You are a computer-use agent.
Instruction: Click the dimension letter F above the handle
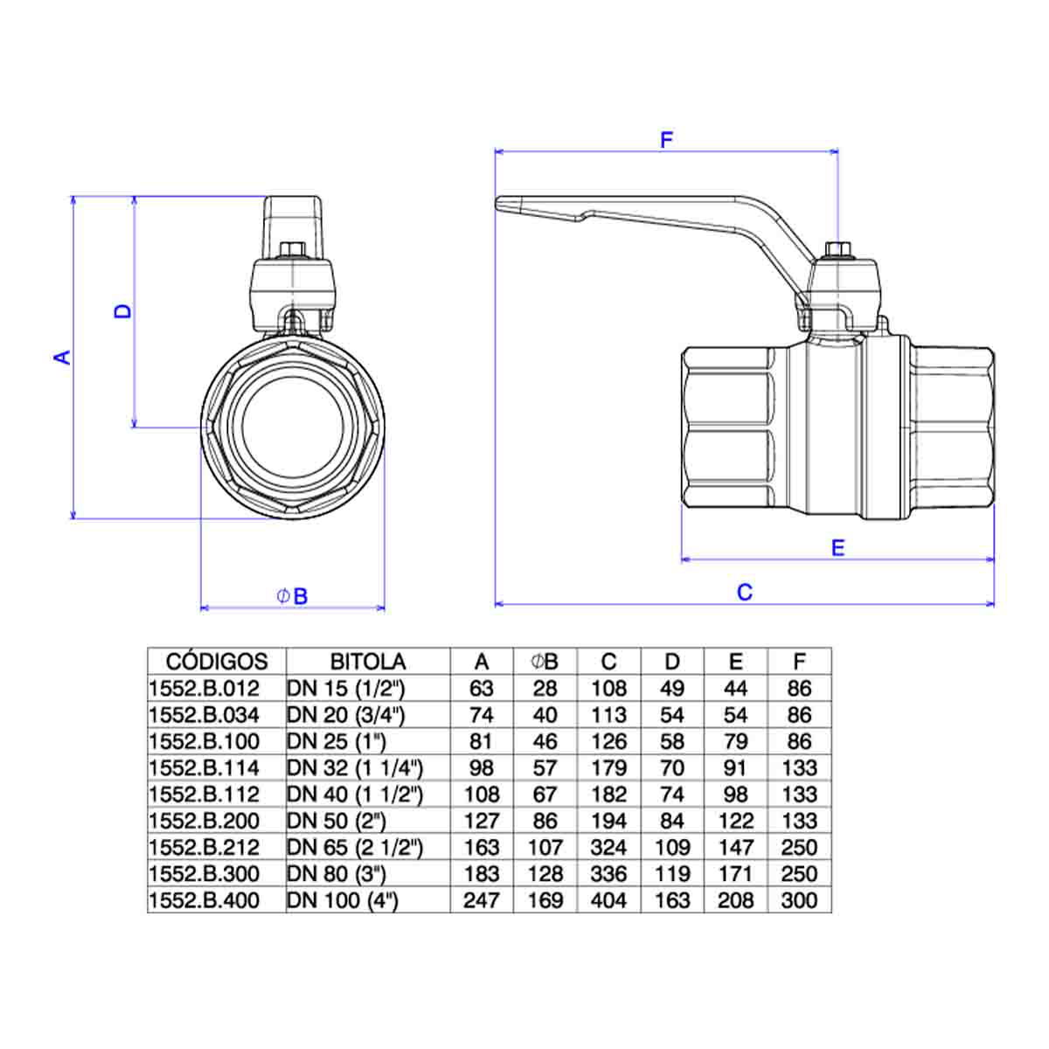coord(666,140)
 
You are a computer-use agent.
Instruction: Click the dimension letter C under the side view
coord(745,592)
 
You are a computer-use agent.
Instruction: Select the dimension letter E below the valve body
coord(837,547)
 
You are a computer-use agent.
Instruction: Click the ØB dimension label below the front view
coord(292,596)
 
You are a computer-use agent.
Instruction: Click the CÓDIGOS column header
coord(217,662)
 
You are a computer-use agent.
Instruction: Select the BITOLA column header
coord(368,662)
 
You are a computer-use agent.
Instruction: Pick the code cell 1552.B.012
coord(205,689)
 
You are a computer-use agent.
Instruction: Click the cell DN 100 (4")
coord(343,900)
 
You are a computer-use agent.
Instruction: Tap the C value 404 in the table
coord(608,900)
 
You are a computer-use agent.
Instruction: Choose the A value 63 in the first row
coord(481,689)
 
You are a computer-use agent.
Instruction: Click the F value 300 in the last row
coord(799,900)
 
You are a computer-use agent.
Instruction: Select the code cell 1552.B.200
coord(205,821)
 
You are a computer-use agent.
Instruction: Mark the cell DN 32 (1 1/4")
coord(355,768)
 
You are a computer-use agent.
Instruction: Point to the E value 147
coord(735,847)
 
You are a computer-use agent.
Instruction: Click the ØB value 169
coord(545,900)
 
